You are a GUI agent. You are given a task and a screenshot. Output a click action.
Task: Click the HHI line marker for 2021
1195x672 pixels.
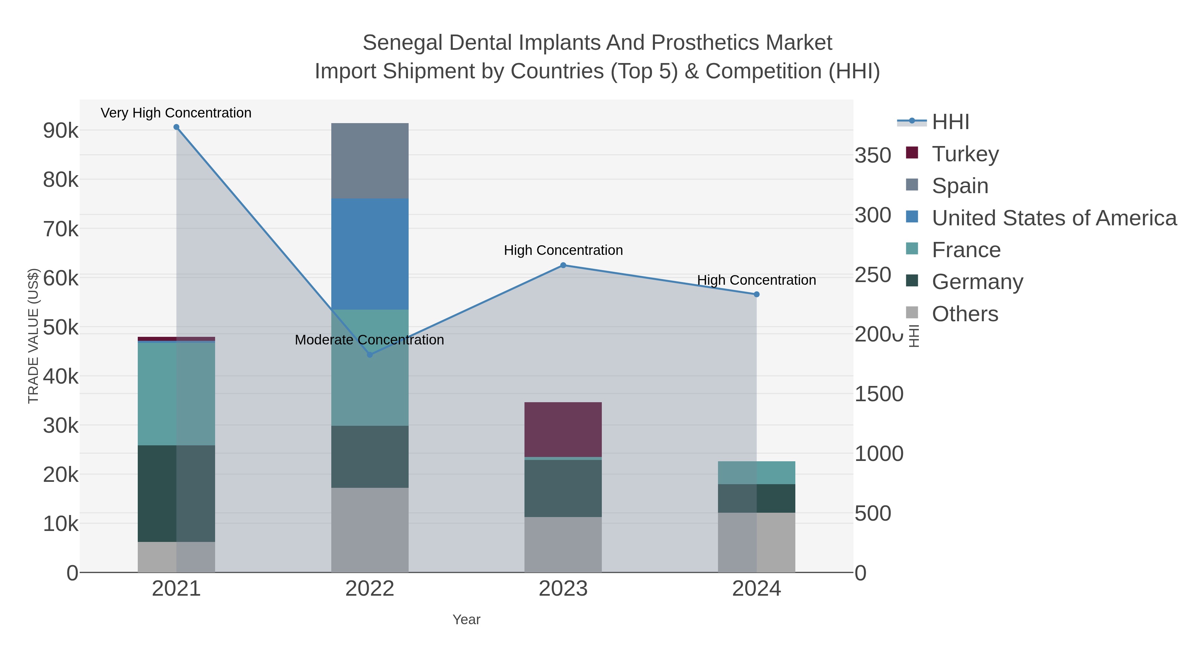pyautogui.click(x=176, y=127)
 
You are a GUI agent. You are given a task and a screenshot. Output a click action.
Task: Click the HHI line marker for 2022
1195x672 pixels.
pyautogui.click(x=370, y=355)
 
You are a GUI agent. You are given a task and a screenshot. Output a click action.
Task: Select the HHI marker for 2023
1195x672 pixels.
pyautogui.click(x=563, y=265)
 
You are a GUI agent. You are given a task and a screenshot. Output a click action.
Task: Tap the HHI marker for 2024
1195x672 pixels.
pyautogui.click(x=757, y=294)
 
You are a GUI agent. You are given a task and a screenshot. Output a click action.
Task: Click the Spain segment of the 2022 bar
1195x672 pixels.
pyautogui.click(x=370, y=161)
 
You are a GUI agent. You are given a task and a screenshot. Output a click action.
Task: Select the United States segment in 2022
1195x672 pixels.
pyautogui.click(x=370, y=254)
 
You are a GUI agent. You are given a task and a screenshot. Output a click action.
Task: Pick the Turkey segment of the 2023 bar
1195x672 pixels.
pyautogui.click(x=563, y=429)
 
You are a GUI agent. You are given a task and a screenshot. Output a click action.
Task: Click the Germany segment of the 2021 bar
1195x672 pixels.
pyautogui.click(x=176, y=493)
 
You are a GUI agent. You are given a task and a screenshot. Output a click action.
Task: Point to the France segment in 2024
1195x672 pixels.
pyautogui.click(x=757, y=473)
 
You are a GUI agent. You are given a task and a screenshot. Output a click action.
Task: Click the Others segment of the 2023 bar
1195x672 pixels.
pyautogui.click(x=563, y=545)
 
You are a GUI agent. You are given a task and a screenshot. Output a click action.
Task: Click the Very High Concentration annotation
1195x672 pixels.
pyautogui.click(x=176, y=113)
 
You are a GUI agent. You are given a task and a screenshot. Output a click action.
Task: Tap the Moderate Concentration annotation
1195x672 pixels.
pyautogui.click(x=370, y=340)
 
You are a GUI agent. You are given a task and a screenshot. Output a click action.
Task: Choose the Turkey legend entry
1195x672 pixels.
pyautogui.click(x=965, y=154)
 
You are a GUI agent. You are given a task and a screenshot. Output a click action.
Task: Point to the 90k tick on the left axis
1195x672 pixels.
pyautogui.click(x=61, y=131)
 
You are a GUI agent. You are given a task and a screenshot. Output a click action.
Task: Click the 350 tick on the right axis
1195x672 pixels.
pyautogui.click(x=873, y=156)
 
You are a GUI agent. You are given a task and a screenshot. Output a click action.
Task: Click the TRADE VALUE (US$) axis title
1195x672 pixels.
pyautogui.click(x=34, y=336)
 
